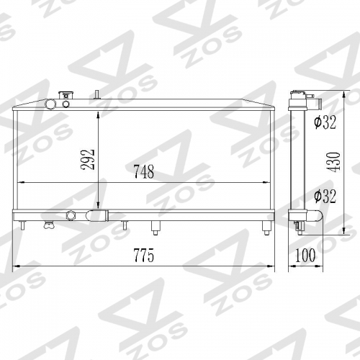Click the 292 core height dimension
coord(88,160)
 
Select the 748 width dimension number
coord(144,171)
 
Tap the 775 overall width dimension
coord(144,256)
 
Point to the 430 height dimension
coord(333,161)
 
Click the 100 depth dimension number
coord(305,255)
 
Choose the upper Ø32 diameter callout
coord(325,122)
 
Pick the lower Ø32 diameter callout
coord(325,196)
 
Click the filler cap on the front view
coord(66,95)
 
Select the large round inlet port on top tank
coord(51,104)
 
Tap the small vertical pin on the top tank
coord(97,94)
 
